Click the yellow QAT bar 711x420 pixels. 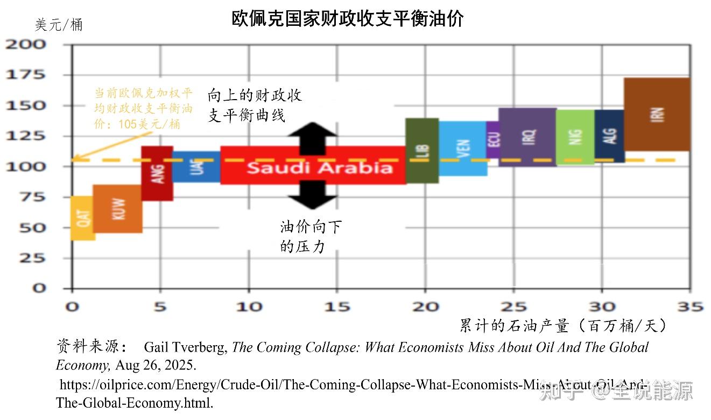click(83, 219)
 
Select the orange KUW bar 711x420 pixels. click(118, 209)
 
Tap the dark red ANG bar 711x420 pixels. click(157, 173)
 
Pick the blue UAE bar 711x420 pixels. click(196, 167)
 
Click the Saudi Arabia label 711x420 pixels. click(320, 167)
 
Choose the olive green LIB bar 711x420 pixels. click(421, 151)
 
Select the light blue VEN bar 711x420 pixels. click(463, 149)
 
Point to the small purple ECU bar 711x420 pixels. click(493, 139)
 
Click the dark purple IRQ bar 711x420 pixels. click(527, 137)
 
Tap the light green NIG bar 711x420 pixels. click(575, 137)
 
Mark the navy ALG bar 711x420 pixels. click(609, 136)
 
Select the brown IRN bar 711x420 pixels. click(657, 114)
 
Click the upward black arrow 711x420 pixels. click(313, 135)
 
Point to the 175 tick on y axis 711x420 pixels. click(26, 75)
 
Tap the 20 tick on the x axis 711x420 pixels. click(425, 307)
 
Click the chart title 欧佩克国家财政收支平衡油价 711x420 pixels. click(348, 19)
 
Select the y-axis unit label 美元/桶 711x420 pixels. click(59, 25)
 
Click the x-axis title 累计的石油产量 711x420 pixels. click(513, 325)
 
